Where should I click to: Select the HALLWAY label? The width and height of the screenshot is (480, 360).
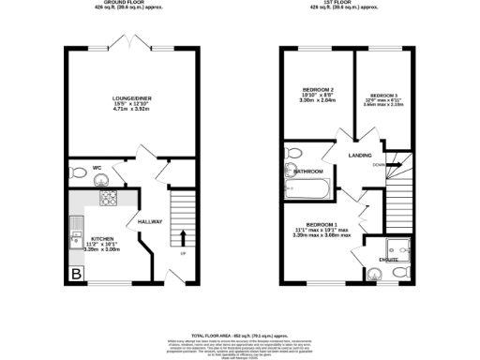[150, 222]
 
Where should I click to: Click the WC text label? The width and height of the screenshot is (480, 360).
[97, 170]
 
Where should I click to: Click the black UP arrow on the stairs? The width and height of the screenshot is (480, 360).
[182, 236]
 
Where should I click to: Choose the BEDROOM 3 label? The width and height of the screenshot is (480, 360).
[383, 96]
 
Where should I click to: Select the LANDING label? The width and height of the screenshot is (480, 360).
[360, 156]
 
